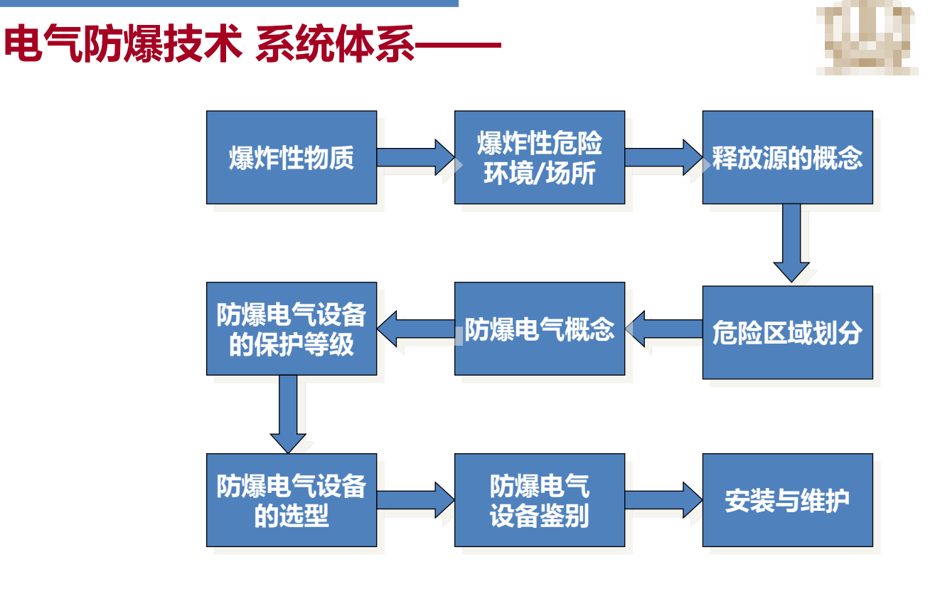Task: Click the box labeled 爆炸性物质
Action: [292, 157]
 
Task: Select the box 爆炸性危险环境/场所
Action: [540, 157]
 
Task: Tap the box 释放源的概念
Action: [787, 157]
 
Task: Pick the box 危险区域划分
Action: [787, 332]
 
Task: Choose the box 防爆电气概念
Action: [540, 329]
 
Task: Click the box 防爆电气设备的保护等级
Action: [292, 329]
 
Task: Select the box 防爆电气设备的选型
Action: [292, 500]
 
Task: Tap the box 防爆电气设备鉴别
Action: [540, 500]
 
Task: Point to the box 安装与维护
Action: [787, 500]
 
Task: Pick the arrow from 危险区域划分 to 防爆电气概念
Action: [663, 329]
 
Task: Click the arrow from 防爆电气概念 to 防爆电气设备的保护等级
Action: [415, 329]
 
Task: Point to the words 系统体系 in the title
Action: [334, 46]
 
